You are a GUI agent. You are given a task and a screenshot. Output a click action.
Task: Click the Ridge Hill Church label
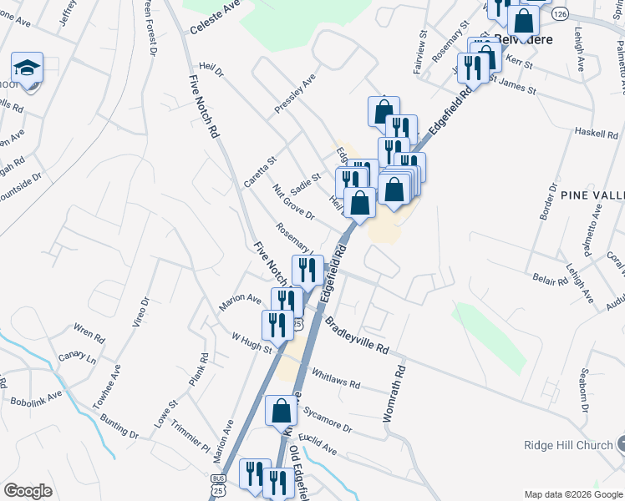[568, 445]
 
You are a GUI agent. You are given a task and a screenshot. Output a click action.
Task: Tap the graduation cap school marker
[27, 68]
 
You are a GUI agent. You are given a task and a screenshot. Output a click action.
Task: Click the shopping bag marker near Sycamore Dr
[282, 411]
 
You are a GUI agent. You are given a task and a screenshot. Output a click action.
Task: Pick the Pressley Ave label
[295, 94]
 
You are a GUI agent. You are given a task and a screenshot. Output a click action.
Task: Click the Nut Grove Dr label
[292, 203]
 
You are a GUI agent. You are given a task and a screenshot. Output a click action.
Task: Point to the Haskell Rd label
[597, 133]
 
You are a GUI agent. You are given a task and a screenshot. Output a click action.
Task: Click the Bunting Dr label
[122, 433]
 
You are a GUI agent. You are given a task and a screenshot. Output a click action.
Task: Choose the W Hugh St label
[252, 343]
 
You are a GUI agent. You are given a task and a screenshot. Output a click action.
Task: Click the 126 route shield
[560, 15]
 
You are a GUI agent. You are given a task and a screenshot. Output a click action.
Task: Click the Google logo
[28, 491]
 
